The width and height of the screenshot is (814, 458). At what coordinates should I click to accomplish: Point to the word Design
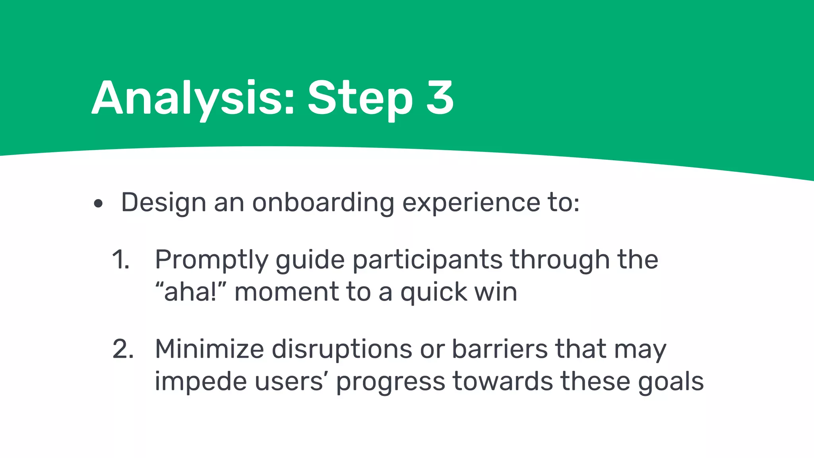click(163, 203)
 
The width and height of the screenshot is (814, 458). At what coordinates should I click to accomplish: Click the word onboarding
click(323, 203)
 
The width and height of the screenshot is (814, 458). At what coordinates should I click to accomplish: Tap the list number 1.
click(120, 260)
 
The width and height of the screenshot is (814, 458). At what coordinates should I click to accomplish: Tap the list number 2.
click(123, 349)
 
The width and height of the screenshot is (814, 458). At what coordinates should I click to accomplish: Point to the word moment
click(286, 292)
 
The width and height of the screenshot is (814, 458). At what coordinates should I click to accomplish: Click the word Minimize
click(209, 349)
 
